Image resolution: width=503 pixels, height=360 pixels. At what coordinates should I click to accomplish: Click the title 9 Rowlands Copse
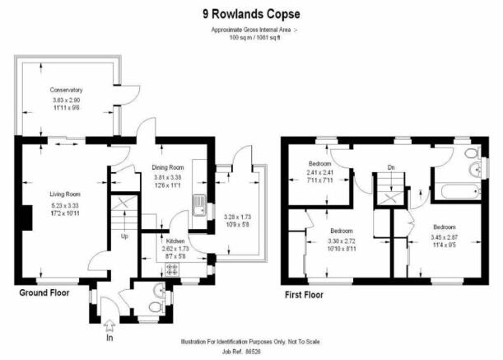click(252, 14)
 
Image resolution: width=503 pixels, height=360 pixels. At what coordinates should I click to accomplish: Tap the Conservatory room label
click(66, 90)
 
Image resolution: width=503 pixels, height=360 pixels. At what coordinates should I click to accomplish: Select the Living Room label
click(65, 194)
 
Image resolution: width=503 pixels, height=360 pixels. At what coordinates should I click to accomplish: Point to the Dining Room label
click(168, 167)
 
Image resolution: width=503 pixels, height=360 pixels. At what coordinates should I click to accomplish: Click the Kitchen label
click(175, 241)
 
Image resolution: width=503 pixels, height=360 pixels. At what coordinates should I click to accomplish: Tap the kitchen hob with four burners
click(172, 269)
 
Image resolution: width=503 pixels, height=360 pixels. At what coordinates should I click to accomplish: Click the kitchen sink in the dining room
click(200, 205)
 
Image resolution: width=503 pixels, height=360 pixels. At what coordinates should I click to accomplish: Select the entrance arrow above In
click(109, 325)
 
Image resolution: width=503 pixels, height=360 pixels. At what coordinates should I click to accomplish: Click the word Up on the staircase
click(124, 236)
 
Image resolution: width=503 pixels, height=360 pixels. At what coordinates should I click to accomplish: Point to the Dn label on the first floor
click(391, 167)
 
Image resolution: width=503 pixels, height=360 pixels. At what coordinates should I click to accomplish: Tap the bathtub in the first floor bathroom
click(461, 192)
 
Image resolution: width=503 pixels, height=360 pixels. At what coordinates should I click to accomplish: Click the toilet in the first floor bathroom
click(473, 153)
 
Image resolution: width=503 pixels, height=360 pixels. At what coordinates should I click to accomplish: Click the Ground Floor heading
click(44, 293)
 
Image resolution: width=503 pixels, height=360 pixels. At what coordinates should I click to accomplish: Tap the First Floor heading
click(304, 295)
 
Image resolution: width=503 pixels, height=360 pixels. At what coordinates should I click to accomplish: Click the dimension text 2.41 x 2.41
click(319, 172)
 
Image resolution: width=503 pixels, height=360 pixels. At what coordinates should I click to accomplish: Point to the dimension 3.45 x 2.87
click(445, 237)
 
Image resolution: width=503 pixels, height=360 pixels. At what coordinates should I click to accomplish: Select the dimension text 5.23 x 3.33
click(65, 205)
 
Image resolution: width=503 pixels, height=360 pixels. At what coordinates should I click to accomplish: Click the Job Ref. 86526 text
click(241, 352)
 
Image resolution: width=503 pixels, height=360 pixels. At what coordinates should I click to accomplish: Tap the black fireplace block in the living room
click(27, 217)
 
